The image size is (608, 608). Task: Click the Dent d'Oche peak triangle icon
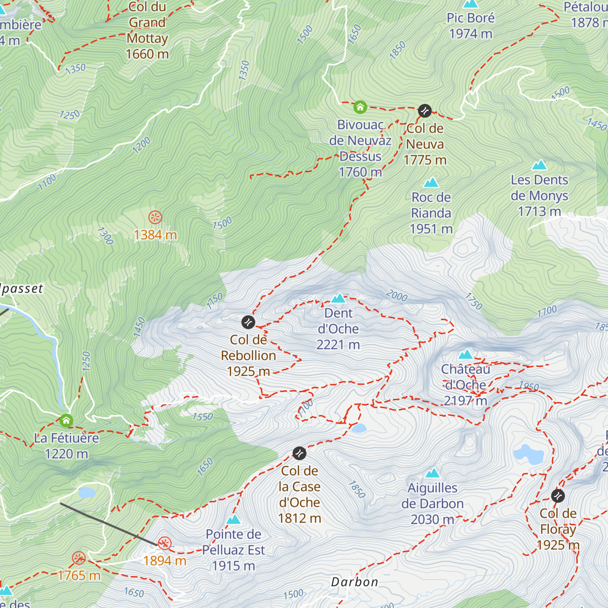pyautogui.click(x=338, y=298)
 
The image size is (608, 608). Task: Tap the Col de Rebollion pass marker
pyautogui.click(x=248, y=322)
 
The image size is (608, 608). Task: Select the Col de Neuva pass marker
pyautogui.click(x=425, y=110)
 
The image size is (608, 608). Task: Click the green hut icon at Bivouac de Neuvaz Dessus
pyautogui.click(x=360, y=107)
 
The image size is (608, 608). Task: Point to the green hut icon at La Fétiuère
pyautogui.click(x=66, y=421)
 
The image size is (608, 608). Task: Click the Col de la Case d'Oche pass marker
pyautogui.click(x=299, y=453)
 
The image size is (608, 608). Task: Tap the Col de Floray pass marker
pyautogui.click(x=558, y=496)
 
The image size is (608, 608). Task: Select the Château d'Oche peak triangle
pyautogui.click(x=466, y=354)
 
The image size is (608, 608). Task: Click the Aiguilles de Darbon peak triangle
pyautogui.click(x=432, y=473)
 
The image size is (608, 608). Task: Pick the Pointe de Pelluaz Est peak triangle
pyautogui.click(x=233, y=519)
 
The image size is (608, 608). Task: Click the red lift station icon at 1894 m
pyautogui.click(x=164, y=544)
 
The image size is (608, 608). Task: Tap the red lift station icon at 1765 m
pyautogui.click(x=79, y=558)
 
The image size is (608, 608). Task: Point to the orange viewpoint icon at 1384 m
pyautogui.click(x=155, y=218)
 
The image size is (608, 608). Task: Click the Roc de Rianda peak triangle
pyautogui.click(x=431, y=182)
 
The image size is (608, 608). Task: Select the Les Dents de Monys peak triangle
pyautogui.click(x=540, y=165)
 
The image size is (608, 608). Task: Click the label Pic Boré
pyautogui.click(x=470, y=18)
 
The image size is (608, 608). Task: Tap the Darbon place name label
pyautogui.click(x=355, y=582)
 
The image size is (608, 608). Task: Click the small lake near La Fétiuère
pyautogui.click(x=87, y=492)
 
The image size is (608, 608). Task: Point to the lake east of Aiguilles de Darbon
pyautogui.click(x=528, y=454)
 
